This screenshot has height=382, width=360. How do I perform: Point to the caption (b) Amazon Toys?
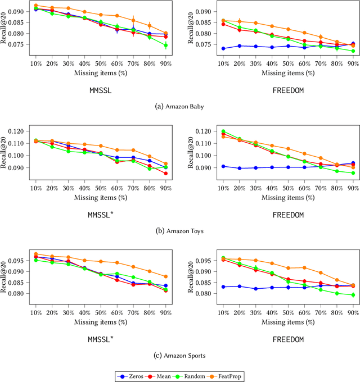point(180,230)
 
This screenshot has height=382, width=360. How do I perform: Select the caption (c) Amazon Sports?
point(180,355)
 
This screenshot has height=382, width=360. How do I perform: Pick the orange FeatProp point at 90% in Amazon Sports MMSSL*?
point(166,276)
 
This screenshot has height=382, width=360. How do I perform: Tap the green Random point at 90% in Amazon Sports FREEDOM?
point(353,295)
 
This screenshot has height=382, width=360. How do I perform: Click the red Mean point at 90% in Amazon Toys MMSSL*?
point(166,174)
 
